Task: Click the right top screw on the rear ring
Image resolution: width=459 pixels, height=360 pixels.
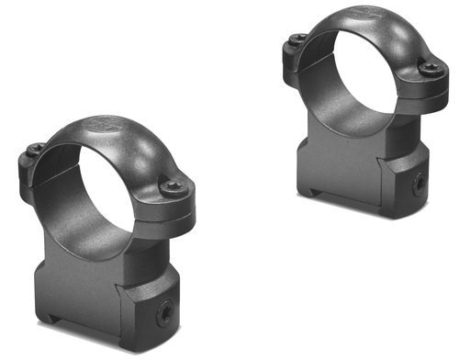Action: click(x=428, y=68)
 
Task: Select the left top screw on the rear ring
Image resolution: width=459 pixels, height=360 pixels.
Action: click(x=297, y=38)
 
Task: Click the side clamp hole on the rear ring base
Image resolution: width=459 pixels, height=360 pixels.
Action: click(x=419, y=182)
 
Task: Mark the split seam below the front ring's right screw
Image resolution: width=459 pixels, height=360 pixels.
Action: click(x=174, y=207)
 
